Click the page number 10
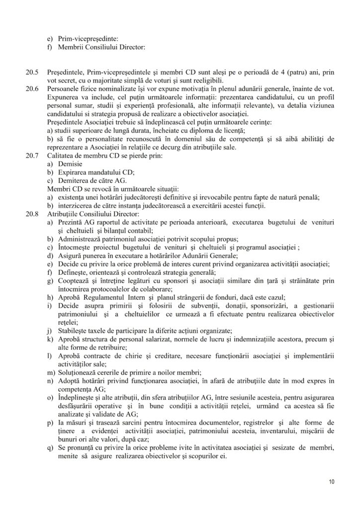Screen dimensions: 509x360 click(x=332, y=482)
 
